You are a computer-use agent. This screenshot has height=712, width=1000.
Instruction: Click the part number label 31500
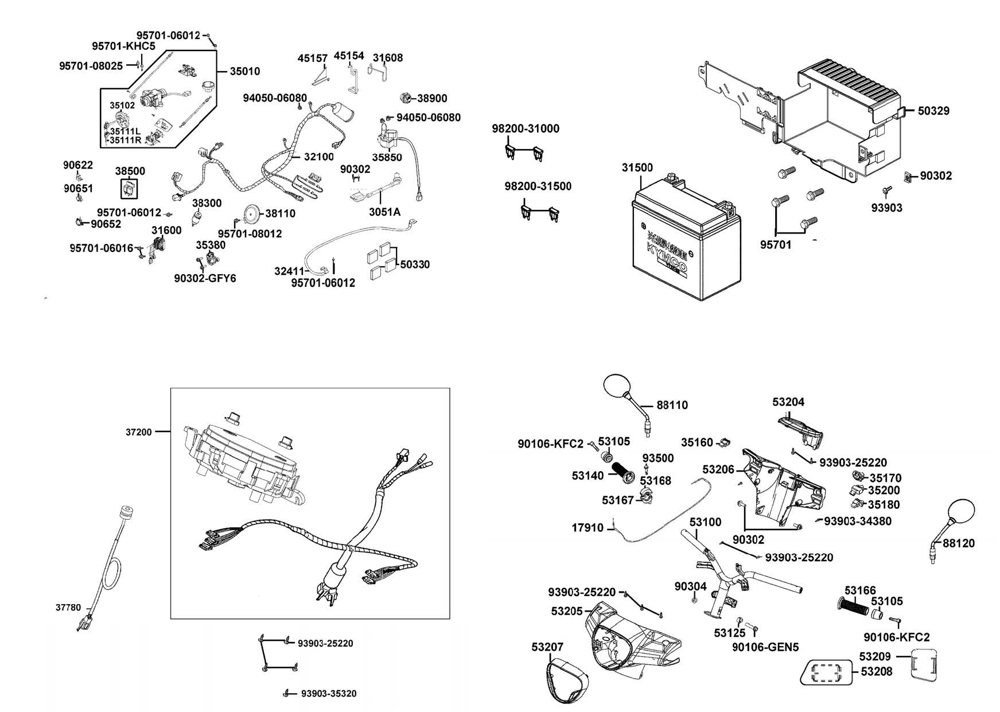pyautogui.click(x=637, y=168)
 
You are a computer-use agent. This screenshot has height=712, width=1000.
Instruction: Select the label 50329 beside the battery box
pyautogui.click(x=933, y=111)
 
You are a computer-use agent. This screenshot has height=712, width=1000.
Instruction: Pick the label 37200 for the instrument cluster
pyautogui.click(x=139, y=432)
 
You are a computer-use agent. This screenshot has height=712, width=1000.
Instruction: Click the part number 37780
pyautogui.click(x=68, y=608)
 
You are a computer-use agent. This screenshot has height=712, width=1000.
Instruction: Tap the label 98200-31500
pyautogui.click(x=538, y=186)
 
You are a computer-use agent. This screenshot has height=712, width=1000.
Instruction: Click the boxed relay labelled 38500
pyautogui.click(x=129, y=188)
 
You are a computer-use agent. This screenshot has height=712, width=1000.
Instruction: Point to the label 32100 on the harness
pyautogui.click(x=318, y=157)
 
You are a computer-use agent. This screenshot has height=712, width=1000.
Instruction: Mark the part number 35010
pyautogui.click(x=245, y=72)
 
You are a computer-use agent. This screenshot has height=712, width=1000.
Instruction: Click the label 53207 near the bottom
pyautogui.click(x=547, y=647)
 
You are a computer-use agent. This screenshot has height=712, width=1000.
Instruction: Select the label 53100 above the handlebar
pyautogui.click(x=705, y=522)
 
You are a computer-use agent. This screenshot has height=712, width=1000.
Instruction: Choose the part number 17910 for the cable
pyautogui.click(x=587, y=528)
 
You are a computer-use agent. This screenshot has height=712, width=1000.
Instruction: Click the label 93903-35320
pyautogui.click(x=329, y=694)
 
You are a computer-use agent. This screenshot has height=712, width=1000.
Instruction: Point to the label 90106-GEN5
pyautogui.click(x=765, y=647)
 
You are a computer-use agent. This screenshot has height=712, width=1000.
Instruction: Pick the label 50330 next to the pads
pyautogui.click(x=415, y=264)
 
